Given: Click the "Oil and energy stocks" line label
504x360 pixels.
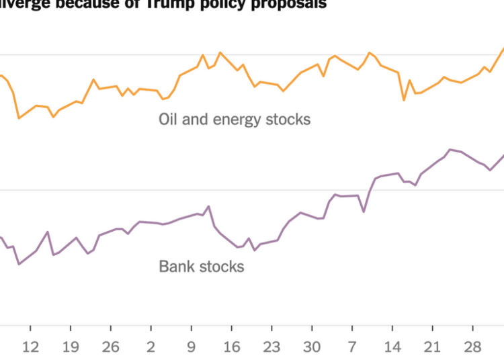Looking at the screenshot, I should [235, 120].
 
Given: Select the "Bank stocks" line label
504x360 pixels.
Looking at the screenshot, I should [202, 267].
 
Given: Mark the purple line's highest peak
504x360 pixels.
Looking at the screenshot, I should [450, 149].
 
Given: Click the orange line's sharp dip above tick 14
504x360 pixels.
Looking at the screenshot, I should [404, 100].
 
